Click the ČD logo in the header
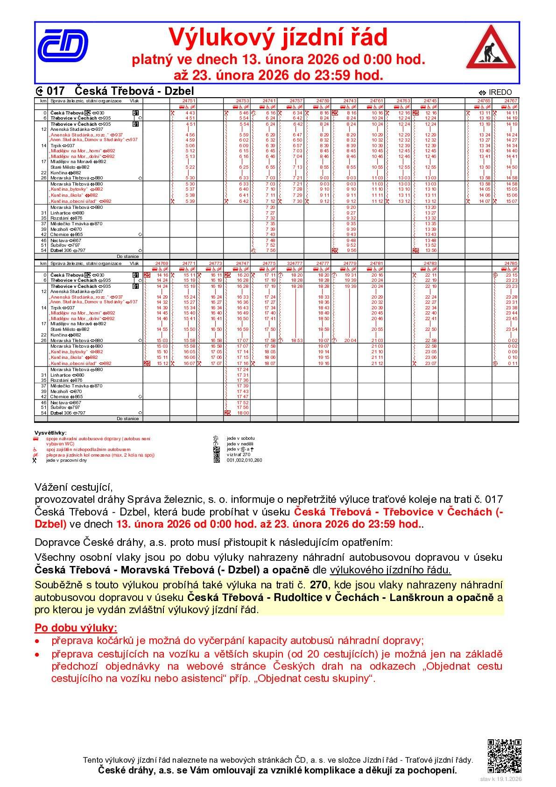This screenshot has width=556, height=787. coord(63,45)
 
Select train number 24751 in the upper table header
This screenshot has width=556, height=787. coord(189,100)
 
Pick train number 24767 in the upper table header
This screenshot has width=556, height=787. coord(511,100)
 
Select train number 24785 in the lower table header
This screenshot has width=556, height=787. coord(511,264)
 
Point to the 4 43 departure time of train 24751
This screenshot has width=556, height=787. coord(190,113)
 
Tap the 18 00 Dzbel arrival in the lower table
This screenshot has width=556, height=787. coord(243,413)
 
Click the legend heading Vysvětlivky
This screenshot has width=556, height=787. coord(50,433)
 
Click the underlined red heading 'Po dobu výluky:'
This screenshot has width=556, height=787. coord(76,627)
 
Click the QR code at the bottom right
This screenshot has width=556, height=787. coord(504,756)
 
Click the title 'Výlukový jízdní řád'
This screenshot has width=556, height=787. coord(278,37)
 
